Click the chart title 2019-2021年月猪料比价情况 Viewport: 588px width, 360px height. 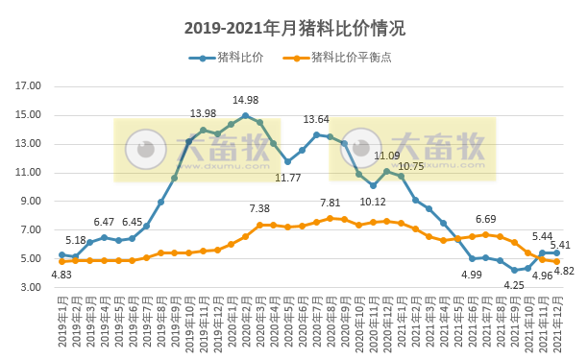pyautogui.click(x=294, y=26)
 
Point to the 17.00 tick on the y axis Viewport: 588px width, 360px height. pyautogui.click(x=29, y=86)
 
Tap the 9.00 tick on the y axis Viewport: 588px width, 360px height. pyautogui.click(x=29, y=202)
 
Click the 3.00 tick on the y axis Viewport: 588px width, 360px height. pyautogui.click(x=29, y=288)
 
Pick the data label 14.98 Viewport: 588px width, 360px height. pyautogui.click(x=246, y=101)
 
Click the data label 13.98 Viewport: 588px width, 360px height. pyautogui.click(x=203, y=114)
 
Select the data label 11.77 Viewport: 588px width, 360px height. pyautogui.click(x=288, y=178)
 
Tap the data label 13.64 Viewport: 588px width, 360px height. pyautogui.click(x=316, y=119)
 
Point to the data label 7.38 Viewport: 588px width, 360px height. pyautogui.click(x=259, y=209)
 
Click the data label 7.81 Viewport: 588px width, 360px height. pyautogui.click(x=331, y=204)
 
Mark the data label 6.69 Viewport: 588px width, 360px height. pyautogui.click(x=485, y=220)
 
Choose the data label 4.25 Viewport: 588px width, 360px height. pyautogui.click(x=514, y=285)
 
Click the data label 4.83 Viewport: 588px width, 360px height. pyautogui.click(x=61, y=276)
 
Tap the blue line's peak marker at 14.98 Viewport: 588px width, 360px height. pyautogui.click(x=245, y=115)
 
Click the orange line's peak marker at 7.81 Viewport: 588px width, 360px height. pyautogui.click(x=331, y=218)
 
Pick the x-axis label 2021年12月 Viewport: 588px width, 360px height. pyautogui.click(x=557, y=325)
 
